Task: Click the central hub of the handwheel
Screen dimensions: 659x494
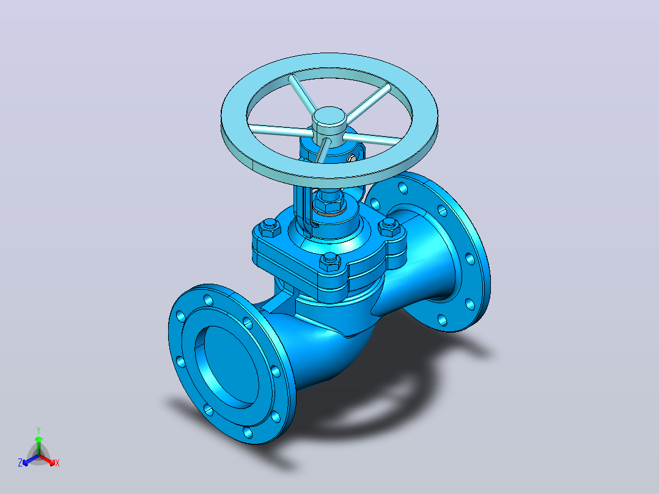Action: point(329,120)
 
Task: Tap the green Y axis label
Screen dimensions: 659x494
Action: point(39,430)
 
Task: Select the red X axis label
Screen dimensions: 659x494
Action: point(57,463)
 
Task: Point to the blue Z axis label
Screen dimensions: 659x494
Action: point(20,462)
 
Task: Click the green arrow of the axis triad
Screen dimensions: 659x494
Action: point(39,445)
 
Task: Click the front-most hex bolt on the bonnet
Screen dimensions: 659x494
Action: point(330,262)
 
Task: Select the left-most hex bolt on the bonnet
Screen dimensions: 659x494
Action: point(270,228)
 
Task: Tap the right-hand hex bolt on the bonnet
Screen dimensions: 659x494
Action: point(388,227)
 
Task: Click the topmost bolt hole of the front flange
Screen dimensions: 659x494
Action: point(208,300)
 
